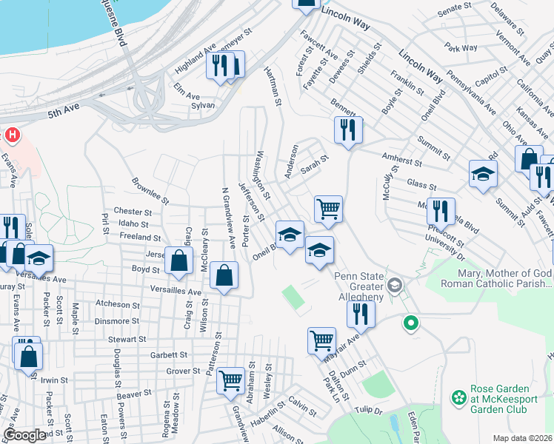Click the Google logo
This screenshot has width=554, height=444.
pos(24,435)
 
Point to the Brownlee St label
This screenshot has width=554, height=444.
pos(150,190)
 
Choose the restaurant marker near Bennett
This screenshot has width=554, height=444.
pos(347,130)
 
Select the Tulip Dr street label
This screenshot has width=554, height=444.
pos(368,411)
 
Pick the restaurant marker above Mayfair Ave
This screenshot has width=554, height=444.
pos(361,314)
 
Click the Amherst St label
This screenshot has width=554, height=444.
pos(401,161)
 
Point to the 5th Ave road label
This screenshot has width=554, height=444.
pos(64,114)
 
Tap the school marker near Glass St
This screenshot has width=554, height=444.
pos(483,174)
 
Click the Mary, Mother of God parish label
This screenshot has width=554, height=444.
pos(497,279)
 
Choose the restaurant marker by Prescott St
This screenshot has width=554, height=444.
pos(441,211)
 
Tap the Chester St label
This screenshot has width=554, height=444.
pos(133,212)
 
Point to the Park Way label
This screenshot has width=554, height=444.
pos(462,48)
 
